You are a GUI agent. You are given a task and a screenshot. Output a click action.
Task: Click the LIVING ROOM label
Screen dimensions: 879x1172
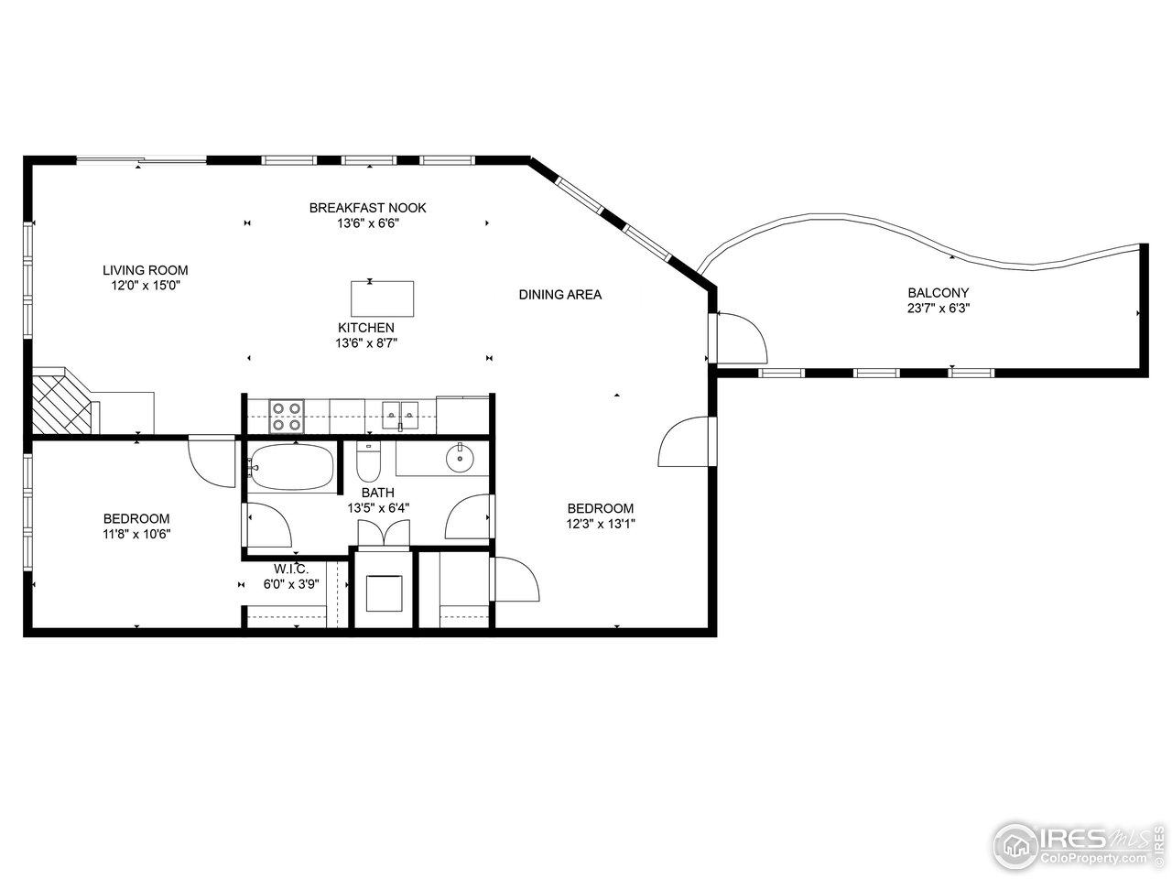145,270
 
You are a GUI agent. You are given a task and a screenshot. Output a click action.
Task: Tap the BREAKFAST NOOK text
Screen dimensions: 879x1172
367,208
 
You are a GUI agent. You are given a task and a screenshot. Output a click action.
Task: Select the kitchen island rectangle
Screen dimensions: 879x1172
382,298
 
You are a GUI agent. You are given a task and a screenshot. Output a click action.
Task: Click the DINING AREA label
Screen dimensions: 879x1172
559,295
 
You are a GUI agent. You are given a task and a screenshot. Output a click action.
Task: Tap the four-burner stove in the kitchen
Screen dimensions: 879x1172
286,417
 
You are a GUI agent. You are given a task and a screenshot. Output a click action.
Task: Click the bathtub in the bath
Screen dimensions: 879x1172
291,468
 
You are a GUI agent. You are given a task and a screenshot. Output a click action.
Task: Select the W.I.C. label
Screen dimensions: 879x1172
284,570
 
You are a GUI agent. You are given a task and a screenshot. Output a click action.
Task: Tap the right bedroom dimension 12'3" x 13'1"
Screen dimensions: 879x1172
600,525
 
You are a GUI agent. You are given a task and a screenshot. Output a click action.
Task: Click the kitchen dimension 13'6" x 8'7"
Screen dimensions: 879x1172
366,343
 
